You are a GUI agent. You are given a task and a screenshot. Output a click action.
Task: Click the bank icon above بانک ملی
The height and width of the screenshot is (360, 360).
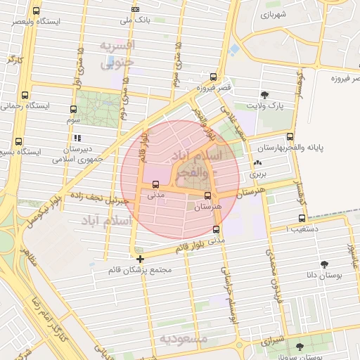click(x=136, y=8)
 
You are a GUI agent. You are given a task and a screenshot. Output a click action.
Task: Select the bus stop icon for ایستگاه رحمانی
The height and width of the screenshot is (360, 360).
click(x=25, y=95)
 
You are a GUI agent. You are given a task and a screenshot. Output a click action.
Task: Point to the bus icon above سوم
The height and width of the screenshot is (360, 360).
click(x=74, y=109)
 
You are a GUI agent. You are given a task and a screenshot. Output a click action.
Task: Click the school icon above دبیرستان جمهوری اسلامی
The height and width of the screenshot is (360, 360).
click(x=77, y=138)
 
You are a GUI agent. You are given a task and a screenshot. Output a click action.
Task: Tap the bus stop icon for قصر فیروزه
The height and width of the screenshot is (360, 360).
click(x=213, y=77)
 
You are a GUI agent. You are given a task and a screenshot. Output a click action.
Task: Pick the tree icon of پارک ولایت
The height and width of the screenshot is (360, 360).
click(x=264, y=95)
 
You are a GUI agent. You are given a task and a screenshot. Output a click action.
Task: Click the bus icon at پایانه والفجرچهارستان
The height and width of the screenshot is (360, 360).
click(x=290, y=137)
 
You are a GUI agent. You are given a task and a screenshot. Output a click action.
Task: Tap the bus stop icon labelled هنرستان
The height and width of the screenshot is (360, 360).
click(x=207, y=196)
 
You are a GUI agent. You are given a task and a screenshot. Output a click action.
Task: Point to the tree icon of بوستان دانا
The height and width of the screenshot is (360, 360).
click(x=324, y=265)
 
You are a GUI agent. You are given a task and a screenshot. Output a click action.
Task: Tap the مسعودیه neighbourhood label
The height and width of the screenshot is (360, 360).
click(x=184, y=338)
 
